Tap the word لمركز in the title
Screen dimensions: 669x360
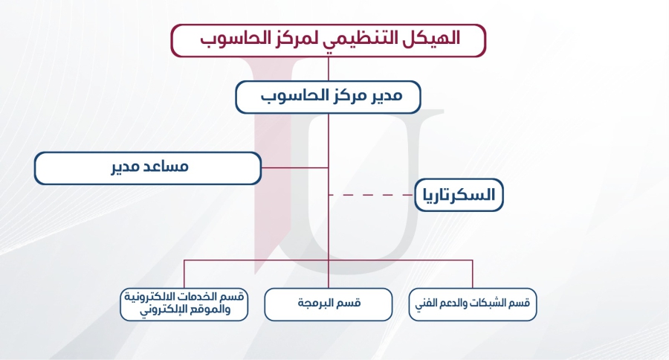[x=291, y=39]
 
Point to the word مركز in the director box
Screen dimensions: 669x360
[x=337, y=95]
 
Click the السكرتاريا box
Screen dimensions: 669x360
[x=459, y=195]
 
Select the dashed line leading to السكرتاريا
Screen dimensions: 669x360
[x=371, y=195]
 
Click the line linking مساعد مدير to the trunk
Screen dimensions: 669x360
[x=295, y=168]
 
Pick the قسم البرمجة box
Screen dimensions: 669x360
[x=328, y=304]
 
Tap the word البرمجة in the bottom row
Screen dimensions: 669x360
[x=316, y=303]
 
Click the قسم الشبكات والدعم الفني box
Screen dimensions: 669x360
[x=473, y=304]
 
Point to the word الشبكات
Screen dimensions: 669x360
[x=493, y=303]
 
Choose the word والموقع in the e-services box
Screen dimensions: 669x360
[x=211, y=309]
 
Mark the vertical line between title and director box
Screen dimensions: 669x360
[x=328, y=68]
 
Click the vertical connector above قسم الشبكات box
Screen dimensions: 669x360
[x=473, y=274]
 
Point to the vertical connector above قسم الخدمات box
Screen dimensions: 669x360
[x=184, y=274]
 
